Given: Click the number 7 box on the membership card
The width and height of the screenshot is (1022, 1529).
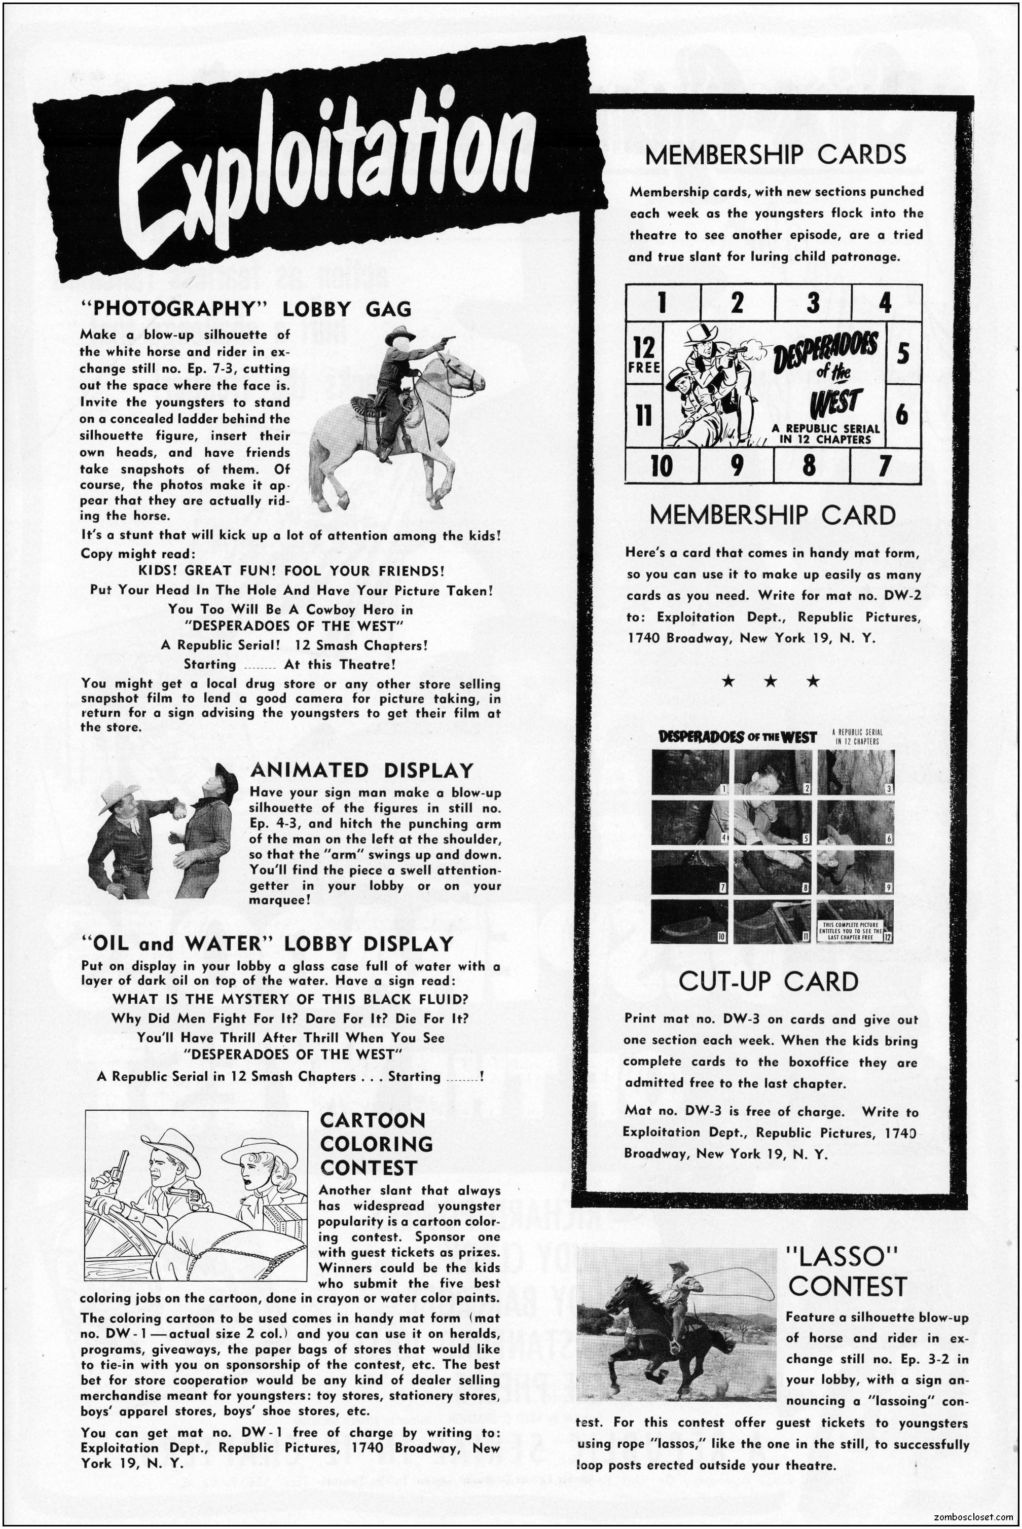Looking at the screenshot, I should (885, 466).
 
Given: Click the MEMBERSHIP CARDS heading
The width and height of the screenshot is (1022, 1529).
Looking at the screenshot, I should (775, 155).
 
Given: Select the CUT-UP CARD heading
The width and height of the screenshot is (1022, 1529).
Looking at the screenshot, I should (769, 981).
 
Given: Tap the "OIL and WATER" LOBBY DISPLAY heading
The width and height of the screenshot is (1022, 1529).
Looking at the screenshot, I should (267, 944).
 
